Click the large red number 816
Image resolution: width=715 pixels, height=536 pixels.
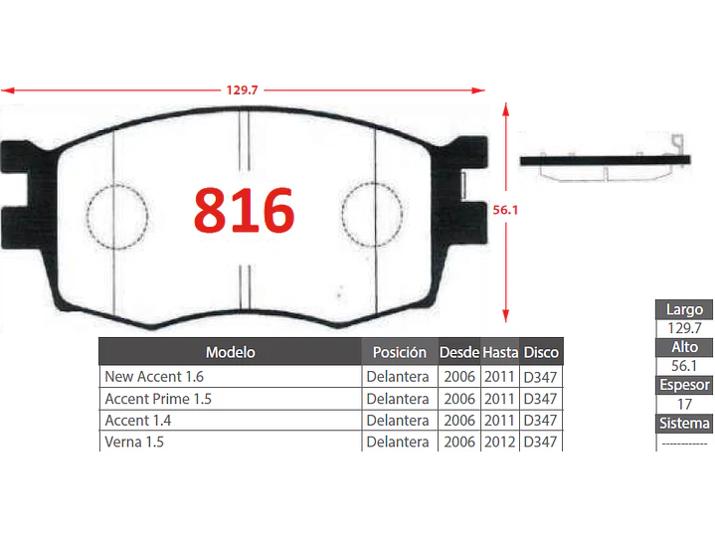244,210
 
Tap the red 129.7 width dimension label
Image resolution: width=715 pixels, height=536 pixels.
242,89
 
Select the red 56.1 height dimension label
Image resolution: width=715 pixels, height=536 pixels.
505,210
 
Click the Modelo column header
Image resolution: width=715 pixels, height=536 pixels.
231,352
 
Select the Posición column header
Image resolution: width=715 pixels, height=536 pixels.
400,352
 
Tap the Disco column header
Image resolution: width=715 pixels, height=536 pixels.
541,352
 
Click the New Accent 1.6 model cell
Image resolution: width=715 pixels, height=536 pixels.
154,376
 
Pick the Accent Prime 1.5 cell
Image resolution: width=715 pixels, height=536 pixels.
158,399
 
